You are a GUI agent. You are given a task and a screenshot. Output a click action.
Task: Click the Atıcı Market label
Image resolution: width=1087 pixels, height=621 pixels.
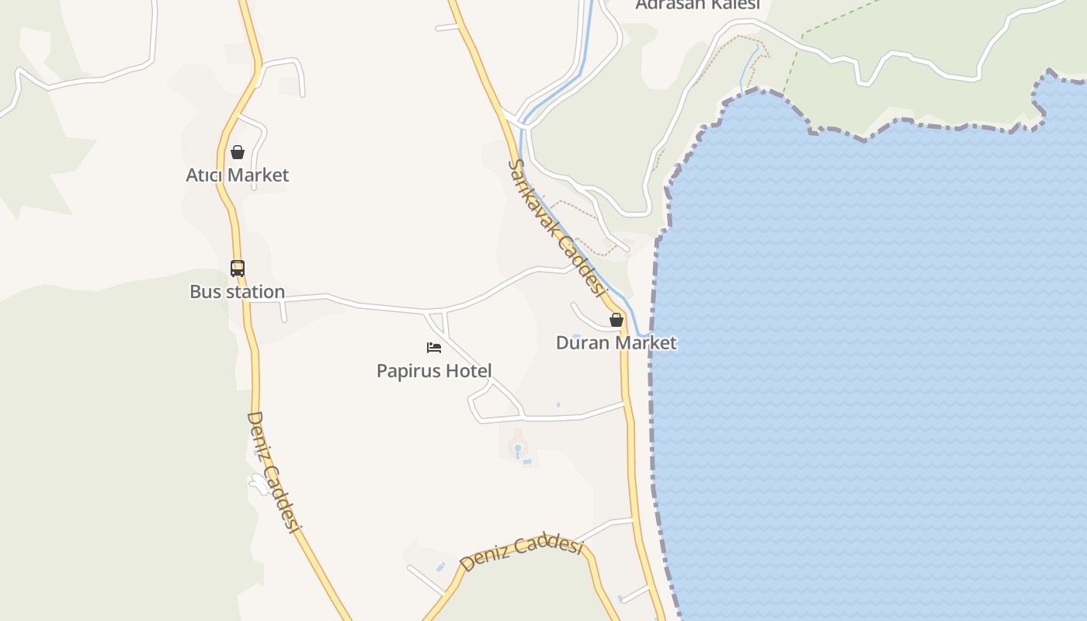237,175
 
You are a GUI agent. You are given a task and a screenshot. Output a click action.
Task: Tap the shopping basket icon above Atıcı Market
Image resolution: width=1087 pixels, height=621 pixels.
238,152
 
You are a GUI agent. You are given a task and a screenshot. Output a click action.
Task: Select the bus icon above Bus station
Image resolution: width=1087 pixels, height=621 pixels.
238,269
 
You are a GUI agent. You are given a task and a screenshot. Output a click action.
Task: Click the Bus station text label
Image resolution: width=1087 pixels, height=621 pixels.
237,292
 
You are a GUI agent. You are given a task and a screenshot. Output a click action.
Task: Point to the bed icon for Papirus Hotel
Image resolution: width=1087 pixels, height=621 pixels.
434,347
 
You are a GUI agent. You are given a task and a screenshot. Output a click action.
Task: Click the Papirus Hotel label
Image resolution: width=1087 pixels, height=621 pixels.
434,371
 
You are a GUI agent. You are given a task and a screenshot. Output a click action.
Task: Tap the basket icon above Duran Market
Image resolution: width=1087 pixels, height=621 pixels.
616,320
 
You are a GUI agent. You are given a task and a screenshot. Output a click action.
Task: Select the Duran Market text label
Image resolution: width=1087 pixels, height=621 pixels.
616,342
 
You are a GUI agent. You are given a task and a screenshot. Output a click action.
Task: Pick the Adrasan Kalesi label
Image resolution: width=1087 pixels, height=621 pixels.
697,5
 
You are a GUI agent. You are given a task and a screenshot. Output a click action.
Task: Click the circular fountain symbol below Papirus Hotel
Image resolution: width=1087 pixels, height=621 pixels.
518,448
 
